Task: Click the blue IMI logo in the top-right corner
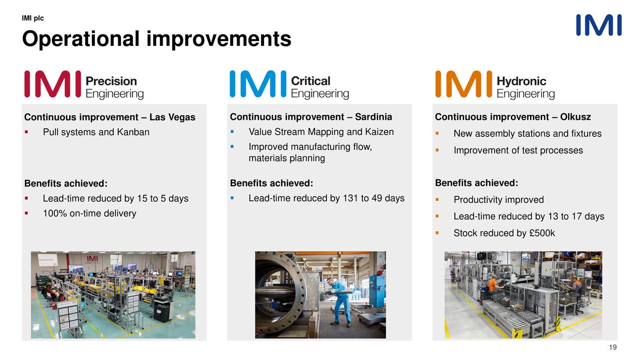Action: [x=599, y=25]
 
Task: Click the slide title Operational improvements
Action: [x=156, y=39]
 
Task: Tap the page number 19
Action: [x=614, y=348]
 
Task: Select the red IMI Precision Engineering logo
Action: [x=84, y=85]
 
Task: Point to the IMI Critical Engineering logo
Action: [x=289, y=85]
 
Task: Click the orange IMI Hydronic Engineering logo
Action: [x=495, y=85]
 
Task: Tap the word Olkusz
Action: [x=576, y=117]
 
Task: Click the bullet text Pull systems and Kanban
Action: [x=96, y=132]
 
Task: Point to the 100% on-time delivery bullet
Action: [x=89, y=214]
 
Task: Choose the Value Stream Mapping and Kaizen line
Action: [x=321, y=132]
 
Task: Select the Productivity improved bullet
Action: [x=498, y=200]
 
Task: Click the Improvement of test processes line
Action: [x=518, y=150]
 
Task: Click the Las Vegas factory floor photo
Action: [x=113, y=295]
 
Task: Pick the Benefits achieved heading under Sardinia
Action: [x=271, y=183]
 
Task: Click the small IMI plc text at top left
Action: [x=33, y=18]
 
